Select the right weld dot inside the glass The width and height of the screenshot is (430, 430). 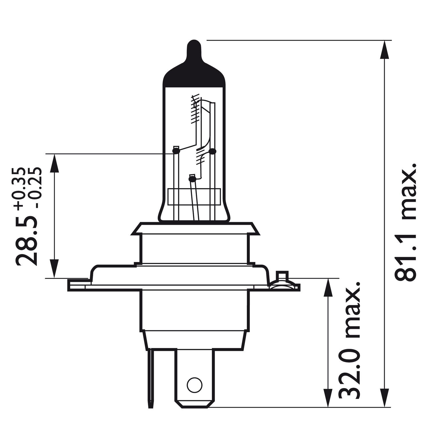coord(212,150)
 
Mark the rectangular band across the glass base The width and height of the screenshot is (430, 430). coord(194,197)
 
